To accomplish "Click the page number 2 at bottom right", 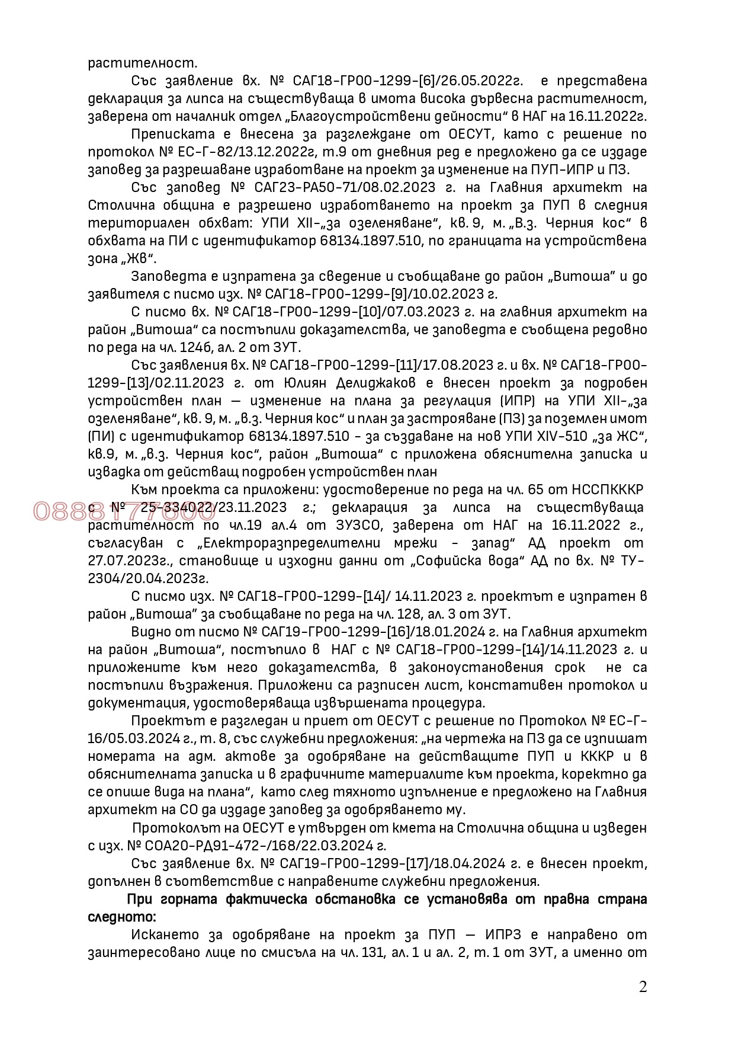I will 643,987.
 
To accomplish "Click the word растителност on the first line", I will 142,63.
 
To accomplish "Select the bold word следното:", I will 122,917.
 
